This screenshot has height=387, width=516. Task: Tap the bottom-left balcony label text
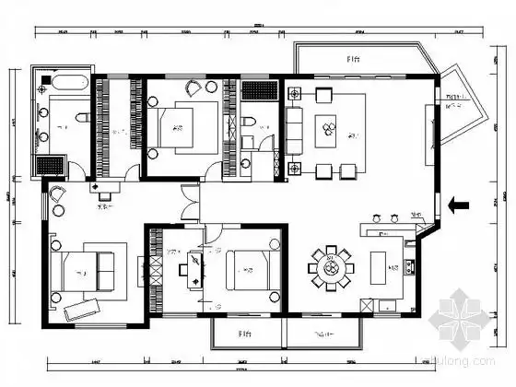(x=244, y=334)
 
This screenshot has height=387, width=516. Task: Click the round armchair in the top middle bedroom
(x=194, y=88)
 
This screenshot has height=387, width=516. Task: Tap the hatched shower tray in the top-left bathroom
(x=48, y=165)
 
